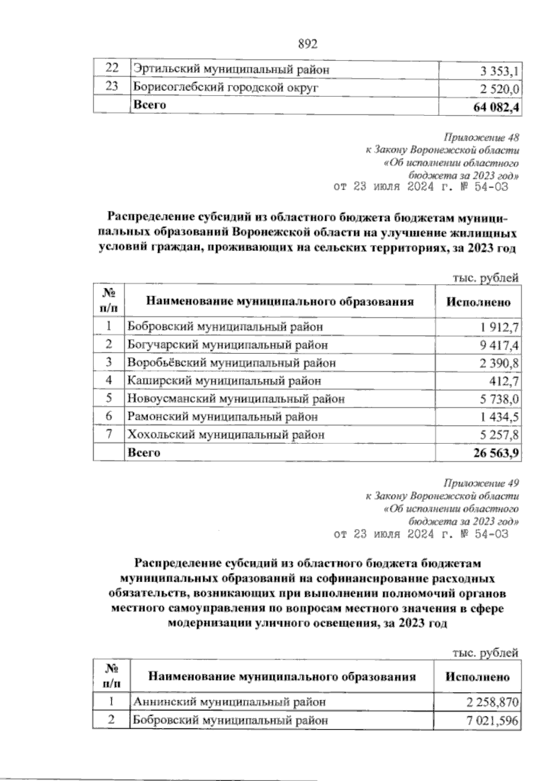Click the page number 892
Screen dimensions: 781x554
(x=308, y=44)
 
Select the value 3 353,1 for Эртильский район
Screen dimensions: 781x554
(x=500, y=71)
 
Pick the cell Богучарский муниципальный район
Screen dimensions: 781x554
(x=228, y=345)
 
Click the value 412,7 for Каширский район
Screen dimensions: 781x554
(x=505, y=381)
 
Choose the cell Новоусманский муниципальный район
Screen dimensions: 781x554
(x=236, y=399)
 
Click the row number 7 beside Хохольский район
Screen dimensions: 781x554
(x=109, y=435)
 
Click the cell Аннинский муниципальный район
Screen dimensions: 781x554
(x=229, y=703)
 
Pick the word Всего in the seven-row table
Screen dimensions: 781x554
(x=144, y=453)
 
